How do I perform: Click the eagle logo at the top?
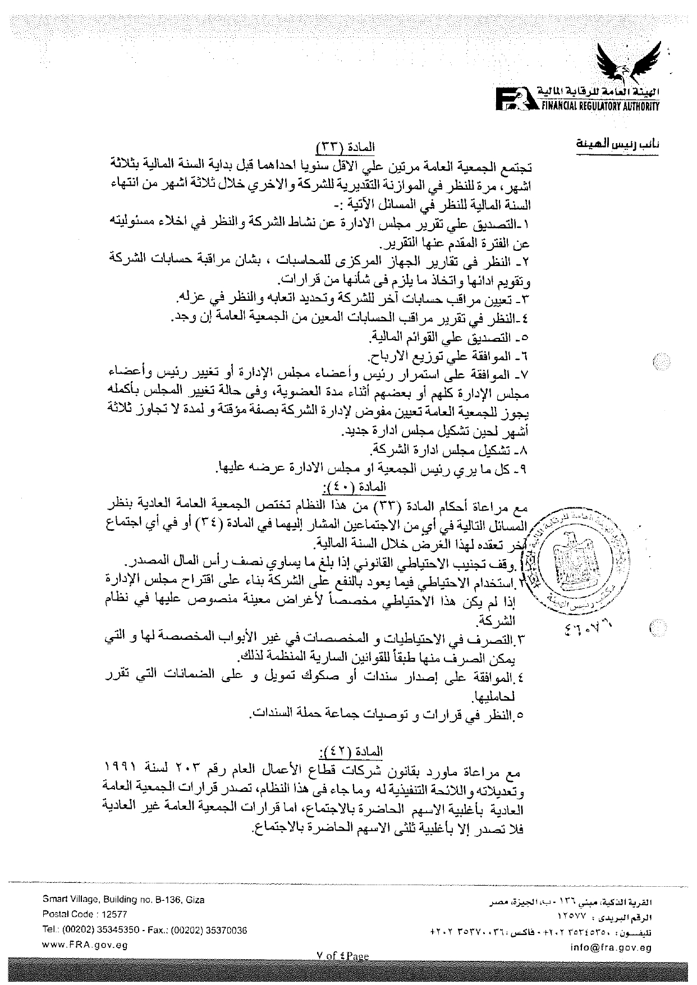[x=632, y=63]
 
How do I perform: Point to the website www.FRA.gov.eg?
[x=85, y=945]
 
